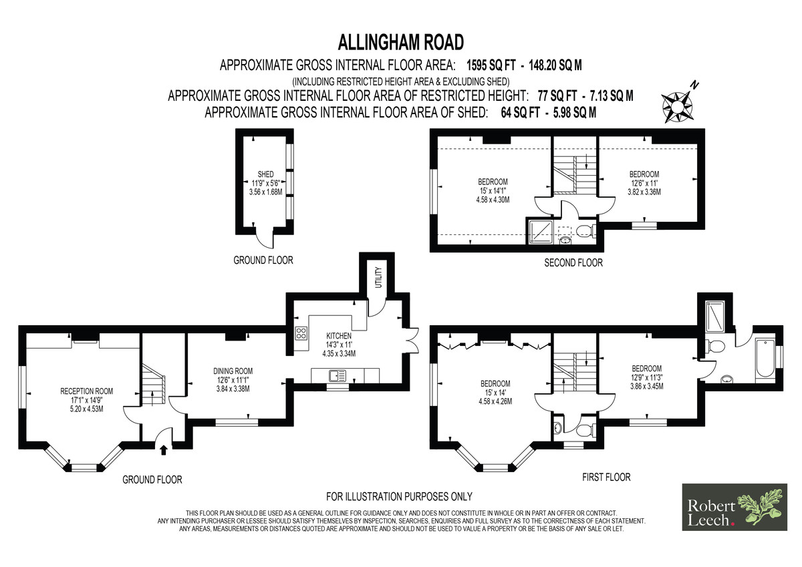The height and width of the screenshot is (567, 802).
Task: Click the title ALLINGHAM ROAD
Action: point(400,42)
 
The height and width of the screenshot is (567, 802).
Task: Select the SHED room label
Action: point(265,174)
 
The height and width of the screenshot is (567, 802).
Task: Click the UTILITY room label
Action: point(379,277)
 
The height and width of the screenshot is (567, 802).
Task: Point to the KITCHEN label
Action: point(339,336)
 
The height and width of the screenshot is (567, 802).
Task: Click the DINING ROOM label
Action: point(233,371)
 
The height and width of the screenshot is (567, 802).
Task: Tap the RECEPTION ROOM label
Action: point(86,391)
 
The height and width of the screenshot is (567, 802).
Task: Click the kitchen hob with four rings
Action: point(301,333)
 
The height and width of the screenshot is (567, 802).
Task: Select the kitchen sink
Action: point(338,375)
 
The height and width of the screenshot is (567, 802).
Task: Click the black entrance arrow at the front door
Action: point(164,450)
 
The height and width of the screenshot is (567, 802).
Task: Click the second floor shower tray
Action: point(541,232)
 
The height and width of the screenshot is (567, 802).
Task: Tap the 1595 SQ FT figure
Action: point(491,65)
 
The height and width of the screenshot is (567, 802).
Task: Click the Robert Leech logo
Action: point(734,507)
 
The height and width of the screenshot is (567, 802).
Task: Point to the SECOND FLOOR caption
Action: point(573,263)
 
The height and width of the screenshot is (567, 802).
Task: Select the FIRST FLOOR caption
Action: point(606,478)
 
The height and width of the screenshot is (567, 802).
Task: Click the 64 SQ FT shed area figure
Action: point(520,113)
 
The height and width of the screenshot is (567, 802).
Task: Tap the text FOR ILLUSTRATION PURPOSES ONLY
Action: point(399,496)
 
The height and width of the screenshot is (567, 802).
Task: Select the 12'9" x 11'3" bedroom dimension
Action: point(647,377)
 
